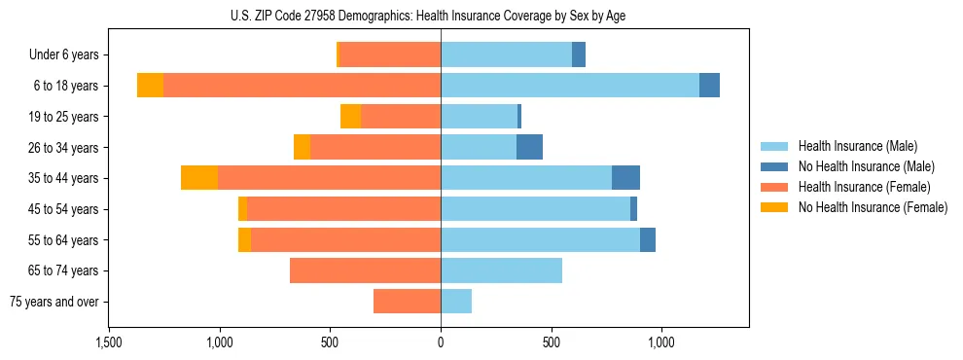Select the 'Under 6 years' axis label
coord(69,55)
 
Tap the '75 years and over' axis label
coord(60,302)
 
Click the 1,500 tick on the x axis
coord(108,342)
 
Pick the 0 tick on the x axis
coord(441,342)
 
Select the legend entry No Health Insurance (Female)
coord(873,207)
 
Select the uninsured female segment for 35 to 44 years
coord(199,178)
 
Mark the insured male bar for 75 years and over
coord(456,302)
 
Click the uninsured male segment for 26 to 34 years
coord(529,148)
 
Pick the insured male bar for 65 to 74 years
coord(501,270)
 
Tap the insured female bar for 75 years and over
coord(407,302)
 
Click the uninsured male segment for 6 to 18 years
coord(709,86)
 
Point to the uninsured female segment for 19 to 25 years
coord(350,117)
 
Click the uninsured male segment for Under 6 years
coord(579,55)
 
